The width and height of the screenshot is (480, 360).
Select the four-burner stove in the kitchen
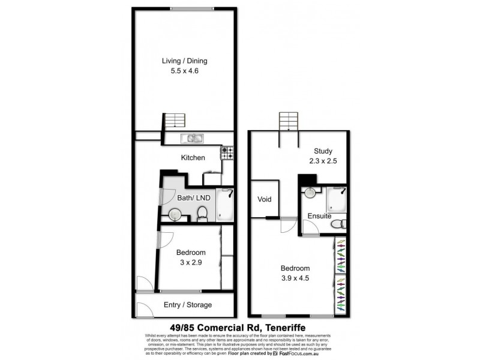[x=227, y=153]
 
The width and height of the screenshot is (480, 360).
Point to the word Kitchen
[x=193, y=158]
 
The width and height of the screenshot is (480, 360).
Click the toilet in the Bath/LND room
[x=203, y=213]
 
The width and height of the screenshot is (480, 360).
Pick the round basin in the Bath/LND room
[x=175, y=214]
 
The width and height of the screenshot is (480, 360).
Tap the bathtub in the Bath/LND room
[x=224, y=204]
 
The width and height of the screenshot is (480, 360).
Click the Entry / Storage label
[x=188, y=305]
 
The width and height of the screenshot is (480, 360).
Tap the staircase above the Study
[x=288, y=121]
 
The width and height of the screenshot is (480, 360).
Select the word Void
[x=265, y=199]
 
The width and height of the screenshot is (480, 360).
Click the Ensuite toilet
[x=338, y=224]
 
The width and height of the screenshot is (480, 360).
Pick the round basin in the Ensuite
[x=310, y=193]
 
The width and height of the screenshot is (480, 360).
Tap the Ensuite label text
[x=319, y=215]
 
